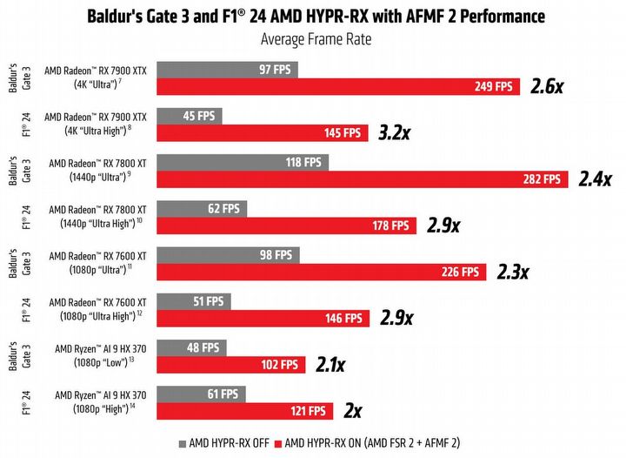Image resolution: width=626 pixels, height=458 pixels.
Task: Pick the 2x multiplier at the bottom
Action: point(353,409)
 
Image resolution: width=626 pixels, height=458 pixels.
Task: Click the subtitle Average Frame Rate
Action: point(312,39)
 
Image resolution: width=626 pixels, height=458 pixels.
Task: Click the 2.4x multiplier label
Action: point(597,178)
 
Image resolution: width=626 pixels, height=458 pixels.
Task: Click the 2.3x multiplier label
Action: point(512,272)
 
